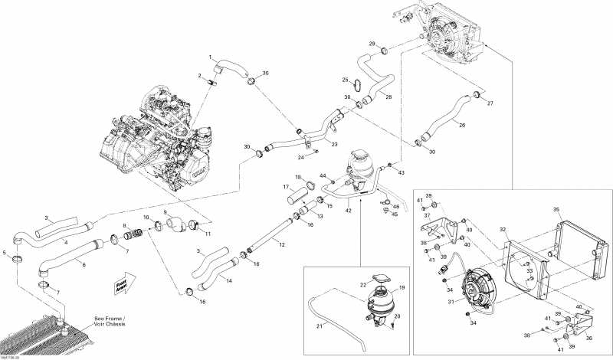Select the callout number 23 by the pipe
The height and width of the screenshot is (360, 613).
334,143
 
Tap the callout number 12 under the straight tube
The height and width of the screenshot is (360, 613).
282,245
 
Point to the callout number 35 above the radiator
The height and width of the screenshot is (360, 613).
556,209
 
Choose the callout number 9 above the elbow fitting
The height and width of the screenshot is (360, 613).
164,211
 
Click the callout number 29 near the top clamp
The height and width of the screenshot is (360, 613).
372,44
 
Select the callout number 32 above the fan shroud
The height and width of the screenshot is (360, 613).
503,229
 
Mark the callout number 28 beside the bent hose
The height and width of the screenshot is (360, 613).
388,97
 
